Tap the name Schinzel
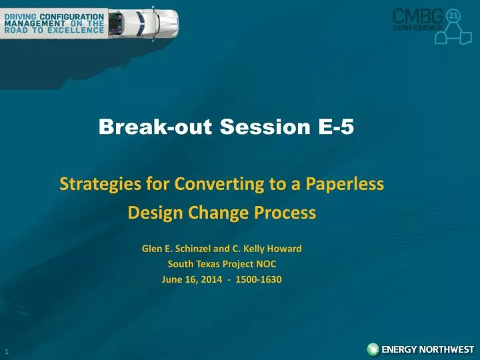click(x=193, y=248)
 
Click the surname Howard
click(x=284, y=248)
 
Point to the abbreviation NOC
click(x=265, y=264)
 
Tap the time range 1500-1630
click(x=259, y=279)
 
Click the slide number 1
click(x=7, y=351)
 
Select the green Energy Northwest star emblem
click(x=373, y=349)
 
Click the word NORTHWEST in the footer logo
click(x=447, y=349)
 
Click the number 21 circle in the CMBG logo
click(x=453, y=15)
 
